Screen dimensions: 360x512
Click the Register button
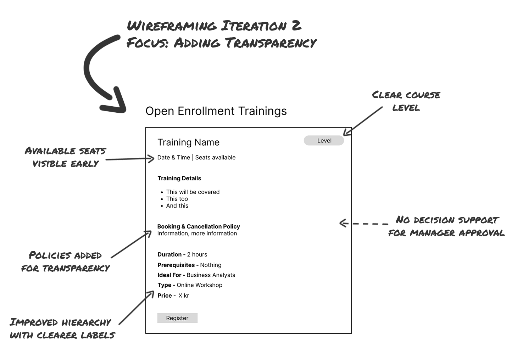177,318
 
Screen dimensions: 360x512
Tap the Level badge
324,141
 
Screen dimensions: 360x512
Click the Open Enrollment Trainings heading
216,111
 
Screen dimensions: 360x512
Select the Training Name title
188,142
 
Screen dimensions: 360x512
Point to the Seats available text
215,157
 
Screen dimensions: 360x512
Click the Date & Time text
174,157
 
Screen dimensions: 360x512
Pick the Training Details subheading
179,178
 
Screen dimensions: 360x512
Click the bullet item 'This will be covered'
193,192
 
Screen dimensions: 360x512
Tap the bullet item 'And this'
177,206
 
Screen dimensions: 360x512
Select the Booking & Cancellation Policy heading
199,226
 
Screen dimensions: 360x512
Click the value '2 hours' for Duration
197,254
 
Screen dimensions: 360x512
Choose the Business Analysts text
211,275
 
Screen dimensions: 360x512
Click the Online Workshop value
200,285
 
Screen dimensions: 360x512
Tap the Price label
165,296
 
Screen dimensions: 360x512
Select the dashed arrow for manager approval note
363,223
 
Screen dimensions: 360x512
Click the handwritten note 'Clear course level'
406,101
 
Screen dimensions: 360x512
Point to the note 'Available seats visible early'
65,157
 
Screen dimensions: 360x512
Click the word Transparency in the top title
271,43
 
